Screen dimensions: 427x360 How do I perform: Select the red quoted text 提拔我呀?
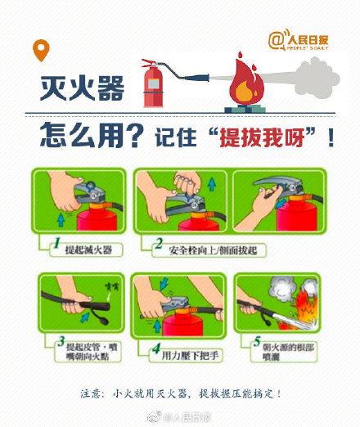(x=275, y=137)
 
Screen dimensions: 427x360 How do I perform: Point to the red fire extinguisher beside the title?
(x=152, y=83)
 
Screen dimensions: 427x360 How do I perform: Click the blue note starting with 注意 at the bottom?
(x=181, y=393)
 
